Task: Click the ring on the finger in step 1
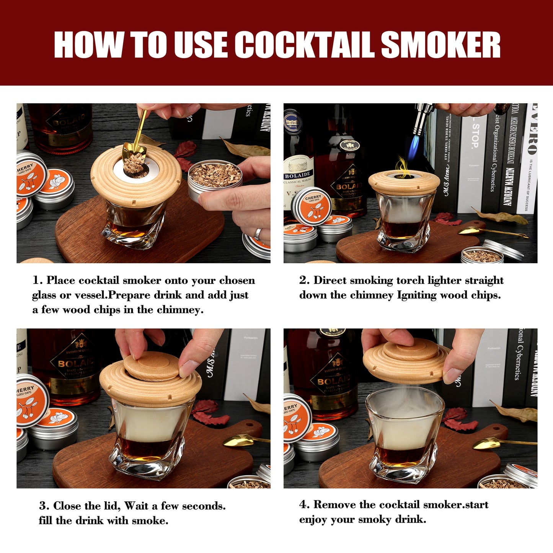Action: (259, 233)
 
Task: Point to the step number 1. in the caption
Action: (38, 281)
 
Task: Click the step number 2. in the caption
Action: (304, 281)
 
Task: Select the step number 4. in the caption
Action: (304, 505)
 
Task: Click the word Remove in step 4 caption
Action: (334, 505)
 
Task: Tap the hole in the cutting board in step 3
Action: (251, 425)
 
